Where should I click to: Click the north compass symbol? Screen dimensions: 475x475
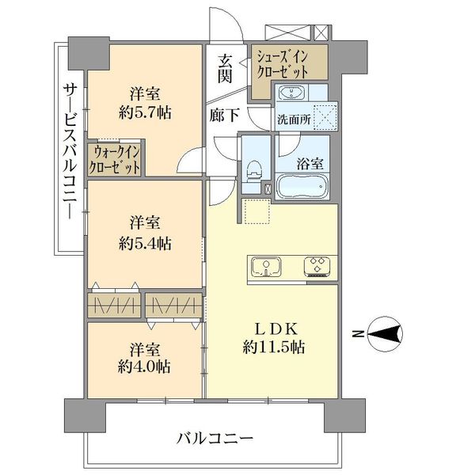coord(385,334)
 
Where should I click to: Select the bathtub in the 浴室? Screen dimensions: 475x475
coord(303,186)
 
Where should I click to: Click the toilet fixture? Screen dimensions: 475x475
coord(254,171)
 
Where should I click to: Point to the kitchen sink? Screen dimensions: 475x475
coord(266,268)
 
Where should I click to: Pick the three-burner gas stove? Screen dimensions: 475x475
coord(317,267)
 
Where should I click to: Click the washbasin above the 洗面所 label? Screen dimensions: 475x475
coord(291,92)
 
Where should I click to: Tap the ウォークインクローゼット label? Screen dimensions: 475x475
coord(115,159)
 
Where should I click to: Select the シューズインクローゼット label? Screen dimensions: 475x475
coord(283,65)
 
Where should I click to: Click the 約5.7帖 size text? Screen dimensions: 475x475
coord(145,113)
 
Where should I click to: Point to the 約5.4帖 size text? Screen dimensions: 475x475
coord(145,243)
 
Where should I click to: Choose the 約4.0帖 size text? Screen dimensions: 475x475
coord(144,367)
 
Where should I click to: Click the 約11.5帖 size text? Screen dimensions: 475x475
coord(274,348)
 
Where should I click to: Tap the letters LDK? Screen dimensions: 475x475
coord(275,329)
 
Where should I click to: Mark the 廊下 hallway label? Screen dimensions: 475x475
coord(225,115)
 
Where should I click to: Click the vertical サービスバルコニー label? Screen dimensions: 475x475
coord(70,151)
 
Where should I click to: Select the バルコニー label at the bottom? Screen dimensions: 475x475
coord(215,439)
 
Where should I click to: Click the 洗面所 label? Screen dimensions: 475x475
coord(294,120)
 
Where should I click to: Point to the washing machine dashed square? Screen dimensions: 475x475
coord(325,116)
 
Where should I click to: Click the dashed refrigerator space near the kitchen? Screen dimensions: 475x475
coord(256,211)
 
